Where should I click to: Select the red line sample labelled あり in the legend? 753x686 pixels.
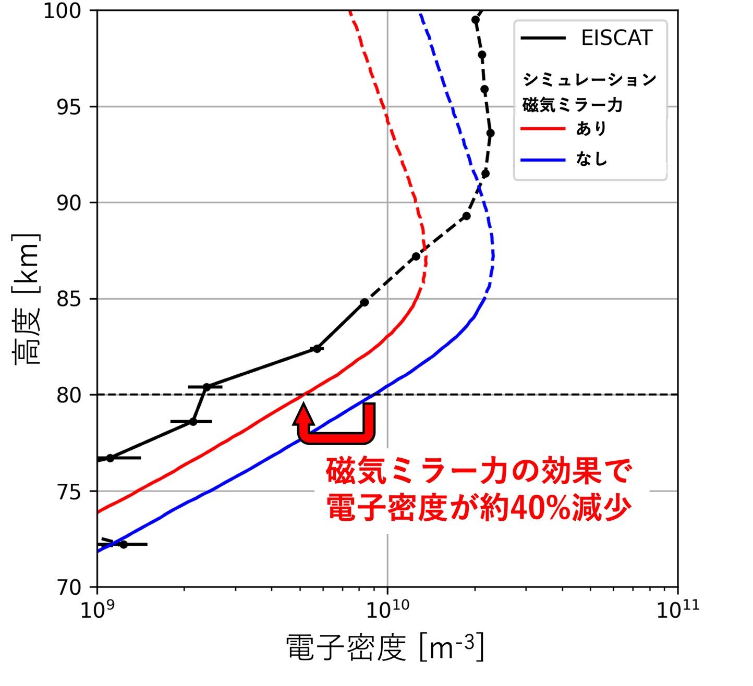(543, 129)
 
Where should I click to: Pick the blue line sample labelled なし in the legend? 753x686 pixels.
(543, 160)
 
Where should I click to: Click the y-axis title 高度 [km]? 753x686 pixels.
(26, 299)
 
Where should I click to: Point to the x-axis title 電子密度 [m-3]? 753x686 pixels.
(385, 647)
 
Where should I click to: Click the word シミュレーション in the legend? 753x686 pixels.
(589, 80)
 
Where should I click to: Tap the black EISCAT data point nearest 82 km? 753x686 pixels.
(317, 349)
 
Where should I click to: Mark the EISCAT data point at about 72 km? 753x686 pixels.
(124, 544)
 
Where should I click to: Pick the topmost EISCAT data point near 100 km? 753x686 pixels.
(475, 20)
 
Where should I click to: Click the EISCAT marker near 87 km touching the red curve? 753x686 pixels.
(416, 256)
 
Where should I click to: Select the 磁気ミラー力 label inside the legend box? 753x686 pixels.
(573, 105)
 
